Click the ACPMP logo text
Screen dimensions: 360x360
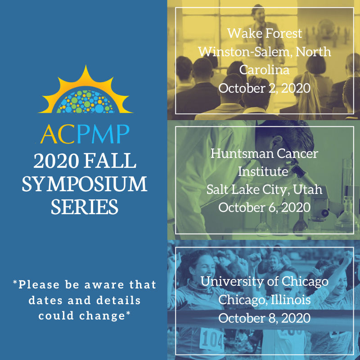tap(85, 134)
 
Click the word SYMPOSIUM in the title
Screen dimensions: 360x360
tap(85, 184)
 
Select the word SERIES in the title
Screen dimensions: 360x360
tap(85, 207)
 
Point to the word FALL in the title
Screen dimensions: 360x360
tap(110, 161)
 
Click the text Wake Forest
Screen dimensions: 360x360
tap(265, 33)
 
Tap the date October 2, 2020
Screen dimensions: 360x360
tap(265, 88)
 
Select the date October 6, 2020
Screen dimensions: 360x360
tap(265, 207)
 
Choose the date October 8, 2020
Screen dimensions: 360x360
tap(265, 318)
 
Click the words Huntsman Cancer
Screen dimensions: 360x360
tap(265, 153)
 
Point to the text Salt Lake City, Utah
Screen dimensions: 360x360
tap(265, 189)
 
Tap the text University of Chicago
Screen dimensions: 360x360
tap(265, 282)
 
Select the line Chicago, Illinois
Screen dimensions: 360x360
tap(265, 300)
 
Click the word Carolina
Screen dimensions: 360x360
tap(265, 70)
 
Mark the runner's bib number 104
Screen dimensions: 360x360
tap(211, 340)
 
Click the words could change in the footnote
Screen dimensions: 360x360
tap(85, 316)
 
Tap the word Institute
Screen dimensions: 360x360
tap(263, 171)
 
